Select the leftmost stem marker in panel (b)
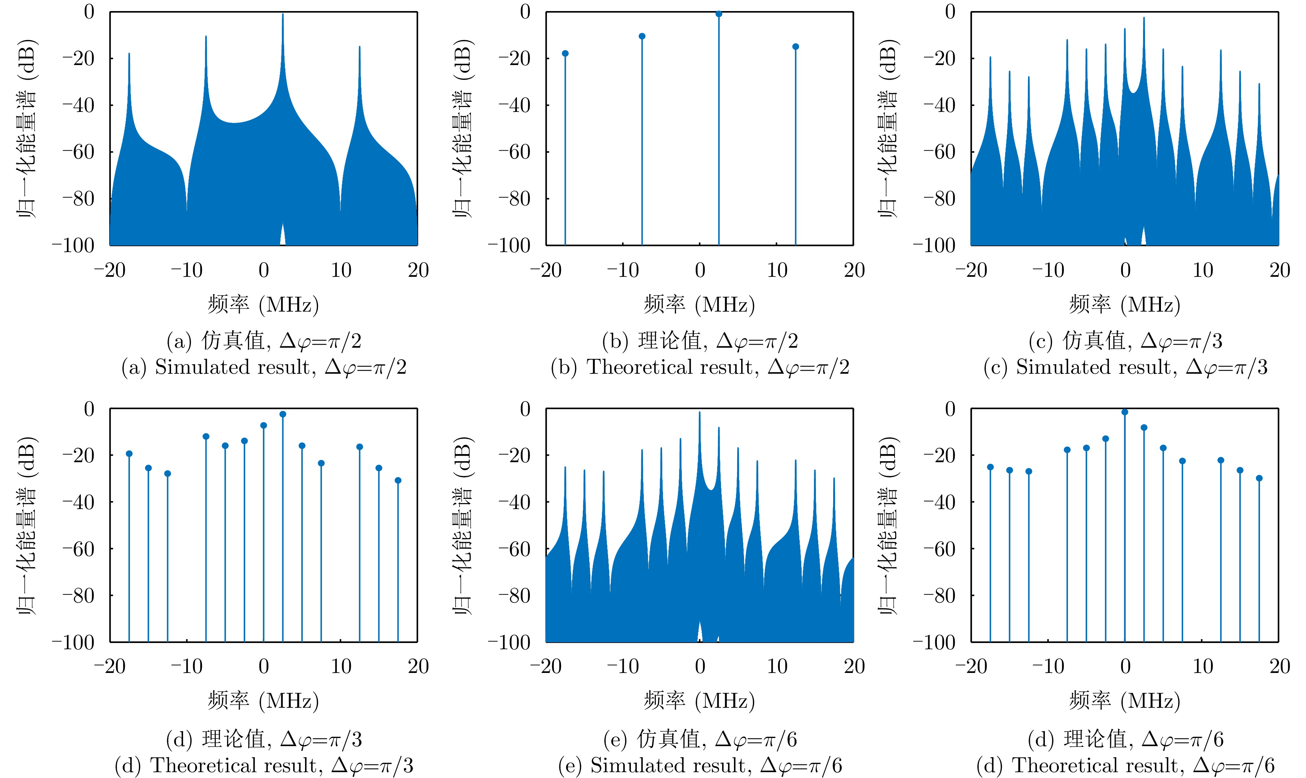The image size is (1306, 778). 565,53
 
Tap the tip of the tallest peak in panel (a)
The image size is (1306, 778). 283,15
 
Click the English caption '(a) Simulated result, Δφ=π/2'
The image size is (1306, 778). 264,367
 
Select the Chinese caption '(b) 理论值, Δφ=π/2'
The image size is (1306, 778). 700,341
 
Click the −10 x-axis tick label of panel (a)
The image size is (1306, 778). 187,271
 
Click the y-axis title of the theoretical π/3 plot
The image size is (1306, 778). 26,525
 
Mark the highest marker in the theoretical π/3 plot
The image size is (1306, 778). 283,414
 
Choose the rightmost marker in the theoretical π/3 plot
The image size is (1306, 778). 398,480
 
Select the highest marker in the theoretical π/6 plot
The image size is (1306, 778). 1125,412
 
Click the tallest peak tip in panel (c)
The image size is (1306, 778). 1144,18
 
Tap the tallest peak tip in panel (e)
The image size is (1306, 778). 700,413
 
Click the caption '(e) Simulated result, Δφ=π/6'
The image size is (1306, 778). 700,765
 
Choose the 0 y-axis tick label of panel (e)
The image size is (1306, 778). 525,409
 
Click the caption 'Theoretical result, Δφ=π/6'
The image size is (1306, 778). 1125,765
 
